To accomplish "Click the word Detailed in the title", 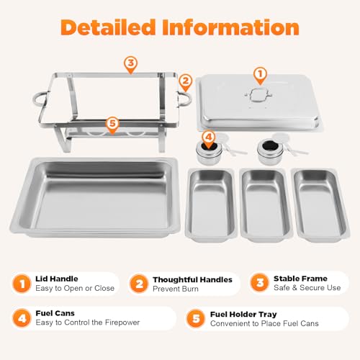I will pyautogui.click(x=107, y=27).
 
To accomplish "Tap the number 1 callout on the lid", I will pyautogui.click(x=260, y=73).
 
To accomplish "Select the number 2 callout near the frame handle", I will pyautogui.click(x=184, y=81).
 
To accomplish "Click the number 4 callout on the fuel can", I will pyautogui.click(x=208, y=135).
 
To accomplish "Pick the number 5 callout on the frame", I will pyautogui.click(x=112, y=123).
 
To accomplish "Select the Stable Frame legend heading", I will pyautogui.click(x=301, y=278).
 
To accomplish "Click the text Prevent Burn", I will pyautogui.click(x=176, y=289).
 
